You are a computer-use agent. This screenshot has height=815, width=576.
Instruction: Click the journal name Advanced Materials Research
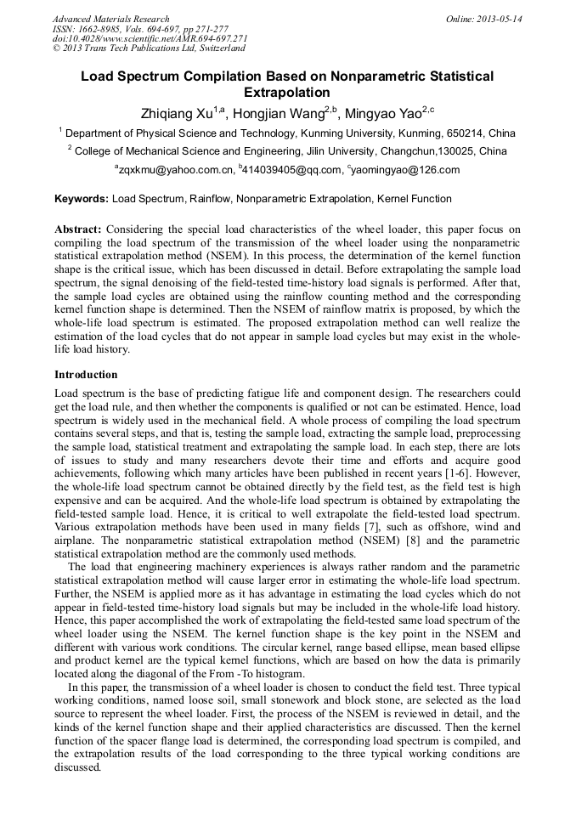point(110,19)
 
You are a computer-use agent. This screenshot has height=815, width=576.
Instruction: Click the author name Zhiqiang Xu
point(177,114)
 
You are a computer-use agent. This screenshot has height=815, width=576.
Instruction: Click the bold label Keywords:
point(82,200)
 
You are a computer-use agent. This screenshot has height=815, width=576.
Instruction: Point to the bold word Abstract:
point(78,229)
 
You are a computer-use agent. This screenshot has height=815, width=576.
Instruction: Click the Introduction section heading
point(86,375)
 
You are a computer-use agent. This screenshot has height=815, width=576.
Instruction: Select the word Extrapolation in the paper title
point(287,93)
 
